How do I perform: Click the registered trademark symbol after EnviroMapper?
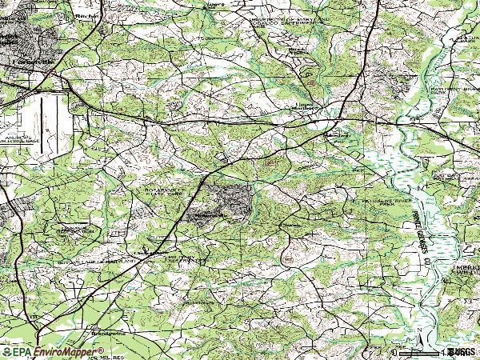point(102,350)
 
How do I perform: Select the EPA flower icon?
point(7,352)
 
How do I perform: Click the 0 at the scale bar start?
point(394,352)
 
